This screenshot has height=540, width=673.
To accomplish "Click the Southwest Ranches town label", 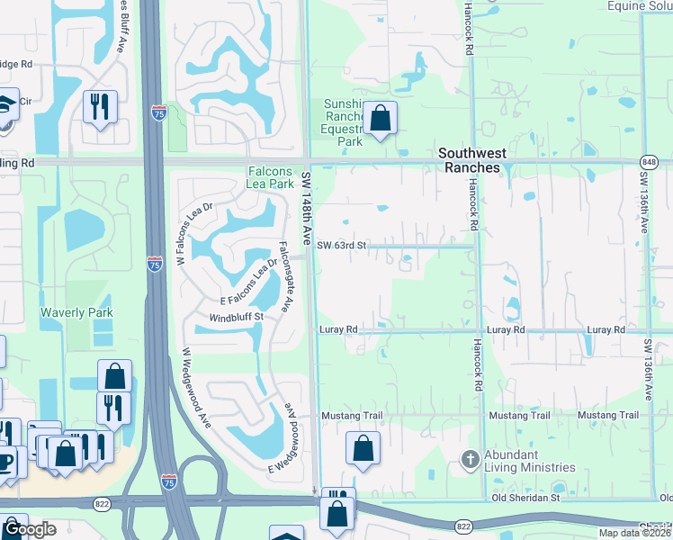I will coord(468,160).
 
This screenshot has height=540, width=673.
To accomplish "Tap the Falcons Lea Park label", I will coord(271,177).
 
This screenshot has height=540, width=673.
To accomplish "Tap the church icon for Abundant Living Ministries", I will coord(469,461).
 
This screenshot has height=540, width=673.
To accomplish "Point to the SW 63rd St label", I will coord(343,245).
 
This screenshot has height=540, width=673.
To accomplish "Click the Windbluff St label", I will coord(236,317).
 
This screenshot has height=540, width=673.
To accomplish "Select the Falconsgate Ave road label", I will coord(283,276).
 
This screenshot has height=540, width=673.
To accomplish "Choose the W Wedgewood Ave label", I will coord(197,387).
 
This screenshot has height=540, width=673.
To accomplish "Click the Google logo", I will coord(30,529).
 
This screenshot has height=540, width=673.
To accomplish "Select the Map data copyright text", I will coord(634,533).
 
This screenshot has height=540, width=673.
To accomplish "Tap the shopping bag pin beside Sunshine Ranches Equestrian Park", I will coord(381,119).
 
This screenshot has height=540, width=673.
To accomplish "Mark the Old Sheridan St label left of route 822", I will coord(525,498).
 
